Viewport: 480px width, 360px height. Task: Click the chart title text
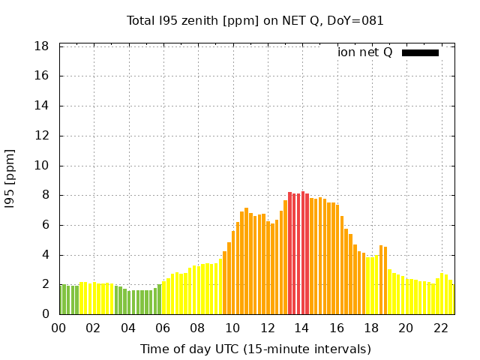(255, 21)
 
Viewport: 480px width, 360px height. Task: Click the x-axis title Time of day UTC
(255, 349)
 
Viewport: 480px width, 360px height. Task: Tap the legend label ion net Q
(364, 52)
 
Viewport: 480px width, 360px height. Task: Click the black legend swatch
(420, 52)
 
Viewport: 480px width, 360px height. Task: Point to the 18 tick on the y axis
(42, 46)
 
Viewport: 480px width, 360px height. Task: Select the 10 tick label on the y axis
(42, 166)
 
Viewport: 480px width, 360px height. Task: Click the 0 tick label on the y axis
(46, 314)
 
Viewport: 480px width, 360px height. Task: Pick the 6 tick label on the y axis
(46, 225)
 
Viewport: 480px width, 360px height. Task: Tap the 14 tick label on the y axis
(42, 106)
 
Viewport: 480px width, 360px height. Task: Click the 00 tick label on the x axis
(59, 328)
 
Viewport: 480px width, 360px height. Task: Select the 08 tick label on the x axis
(198, 328)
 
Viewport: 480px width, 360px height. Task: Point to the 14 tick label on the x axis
(301, 328)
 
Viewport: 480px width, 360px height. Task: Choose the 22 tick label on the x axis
(440, 328)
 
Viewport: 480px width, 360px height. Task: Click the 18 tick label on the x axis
(370, 328)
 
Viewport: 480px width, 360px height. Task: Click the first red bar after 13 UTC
(290, 253)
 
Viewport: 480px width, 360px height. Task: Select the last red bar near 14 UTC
(307, 253)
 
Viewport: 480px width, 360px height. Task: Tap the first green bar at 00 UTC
(61, 300)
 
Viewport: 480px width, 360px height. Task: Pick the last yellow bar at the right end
(451, 300)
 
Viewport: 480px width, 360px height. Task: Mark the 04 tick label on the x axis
(128, 328)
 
